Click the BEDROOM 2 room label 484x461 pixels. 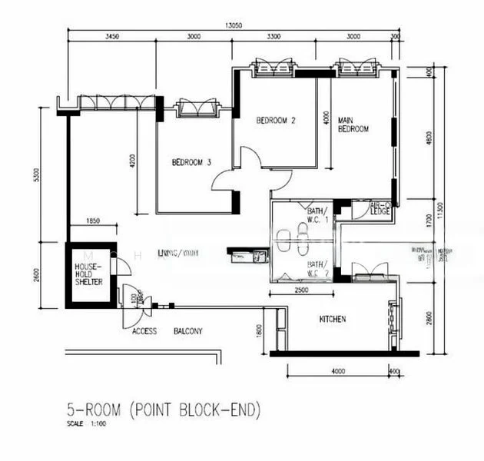tap(276, 120)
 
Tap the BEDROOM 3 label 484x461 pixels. tap(191, 162)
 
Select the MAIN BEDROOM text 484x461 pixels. tap(353, 124)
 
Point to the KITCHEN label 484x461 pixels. tap(332, 318)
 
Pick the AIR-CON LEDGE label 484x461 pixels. tap(381, 208)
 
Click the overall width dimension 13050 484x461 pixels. tap(234, 25)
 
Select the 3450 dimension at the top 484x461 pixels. tap(111, 36)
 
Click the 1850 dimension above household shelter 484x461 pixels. tap(93, 221)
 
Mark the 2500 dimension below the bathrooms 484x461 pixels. tap(302, 290)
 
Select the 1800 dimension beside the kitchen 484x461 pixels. tap(260, 330)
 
